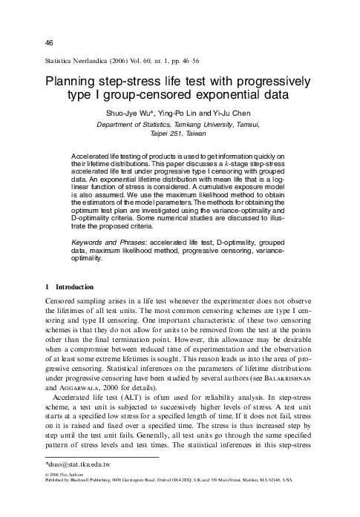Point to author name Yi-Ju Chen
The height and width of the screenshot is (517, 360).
(237, 113)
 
